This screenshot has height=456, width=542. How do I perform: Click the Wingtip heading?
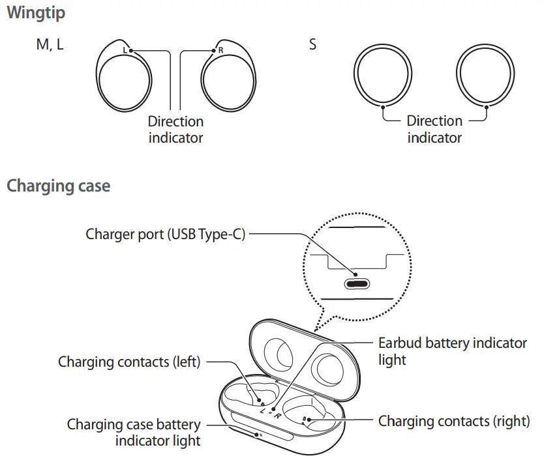point(36,12)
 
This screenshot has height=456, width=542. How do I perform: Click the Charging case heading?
point(58,186)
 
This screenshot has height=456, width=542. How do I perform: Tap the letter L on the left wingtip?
point(125,50)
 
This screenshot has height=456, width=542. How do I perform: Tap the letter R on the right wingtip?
point(220,50)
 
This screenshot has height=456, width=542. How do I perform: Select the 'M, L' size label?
point(50,46)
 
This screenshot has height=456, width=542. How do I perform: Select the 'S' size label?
point(313,46)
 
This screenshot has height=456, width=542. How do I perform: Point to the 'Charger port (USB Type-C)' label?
point(166,234)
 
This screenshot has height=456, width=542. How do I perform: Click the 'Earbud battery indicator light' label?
point(452,350)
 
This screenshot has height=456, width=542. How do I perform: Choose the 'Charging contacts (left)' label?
point(129,362)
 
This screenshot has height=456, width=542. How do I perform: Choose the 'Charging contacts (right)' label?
point(454,421)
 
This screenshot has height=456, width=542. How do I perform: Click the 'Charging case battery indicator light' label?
point(134,433)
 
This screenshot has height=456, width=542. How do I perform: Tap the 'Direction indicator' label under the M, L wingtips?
point(175,129)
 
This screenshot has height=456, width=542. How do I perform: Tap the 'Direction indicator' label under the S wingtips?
point(434,129)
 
